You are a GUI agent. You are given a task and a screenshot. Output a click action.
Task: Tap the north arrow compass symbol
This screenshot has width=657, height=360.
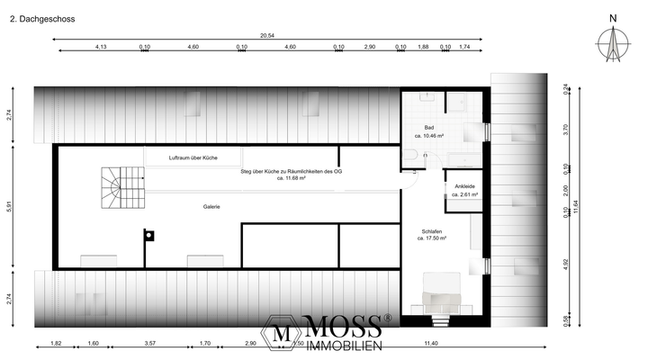point(614,40)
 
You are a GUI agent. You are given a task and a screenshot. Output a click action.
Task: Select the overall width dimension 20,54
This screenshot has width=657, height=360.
point(267,35)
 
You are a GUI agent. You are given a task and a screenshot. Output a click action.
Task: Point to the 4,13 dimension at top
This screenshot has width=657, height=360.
point(101,46)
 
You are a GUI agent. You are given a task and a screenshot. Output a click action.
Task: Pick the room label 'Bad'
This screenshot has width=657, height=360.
point(428,127)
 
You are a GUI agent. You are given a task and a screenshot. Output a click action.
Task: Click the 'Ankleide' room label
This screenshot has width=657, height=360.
point(465,185)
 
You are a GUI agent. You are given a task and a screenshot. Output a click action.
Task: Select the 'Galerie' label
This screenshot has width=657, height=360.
point(211,206)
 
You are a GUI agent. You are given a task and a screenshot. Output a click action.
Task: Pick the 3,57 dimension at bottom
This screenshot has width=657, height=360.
point(150,344)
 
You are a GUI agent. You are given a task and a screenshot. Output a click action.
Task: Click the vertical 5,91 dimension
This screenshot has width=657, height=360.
point(8,206)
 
